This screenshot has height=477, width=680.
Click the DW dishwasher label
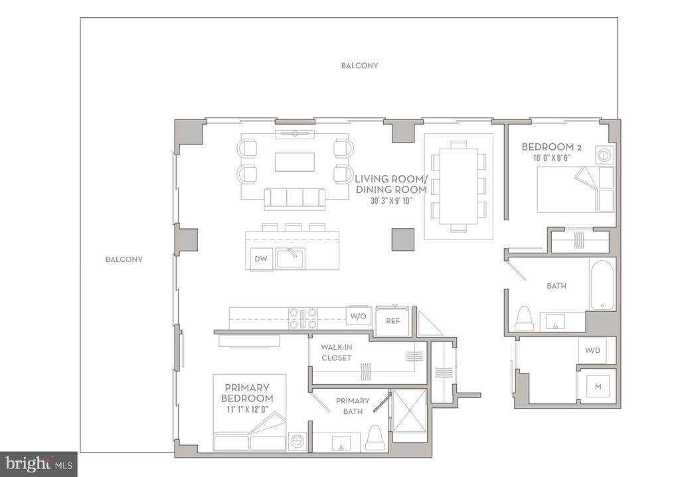tap(260, 259)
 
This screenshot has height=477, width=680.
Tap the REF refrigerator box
tap(392, 321)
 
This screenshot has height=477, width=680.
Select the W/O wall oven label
tap(358, 316)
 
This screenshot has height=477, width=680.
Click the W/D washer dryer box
tap(593, 350)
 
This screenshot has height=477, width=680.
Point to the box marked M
tap(598, 387)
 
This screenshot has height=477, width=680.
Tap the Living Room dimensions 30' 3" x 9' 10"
tap(391, 201)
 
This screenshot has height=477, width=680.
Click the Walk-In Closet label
tap(336, 353)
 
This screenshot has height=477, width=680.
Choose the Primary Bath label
tap(353, 406)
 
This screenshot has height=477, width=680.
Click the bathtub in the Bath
tap(602, 285)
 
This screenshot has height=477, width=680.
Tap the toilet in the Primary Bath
tap(375, 438)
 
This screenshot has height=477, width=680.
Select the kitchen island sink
tap(291, 258)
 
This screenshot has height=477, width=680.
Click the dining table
tap(459, 186)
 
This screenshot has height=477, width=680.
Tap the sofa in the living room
tap(295, 200)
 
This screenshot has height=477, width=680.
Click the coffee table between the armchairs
tap(294, 162)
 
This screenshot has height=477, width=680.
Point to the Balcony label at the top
tap(359, 66)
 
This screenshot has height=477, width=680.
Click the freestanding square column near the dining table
tap(403, 239)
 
